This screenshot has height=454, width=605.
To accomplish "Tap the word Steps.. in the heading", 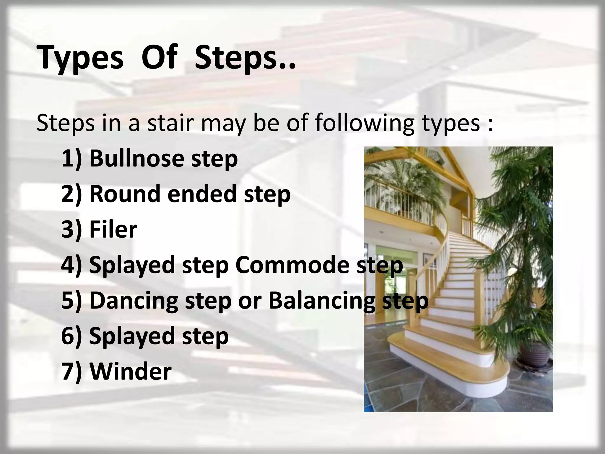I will point(245,57).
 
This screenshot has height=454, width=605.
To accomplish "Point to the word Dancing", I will point(134,301).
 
